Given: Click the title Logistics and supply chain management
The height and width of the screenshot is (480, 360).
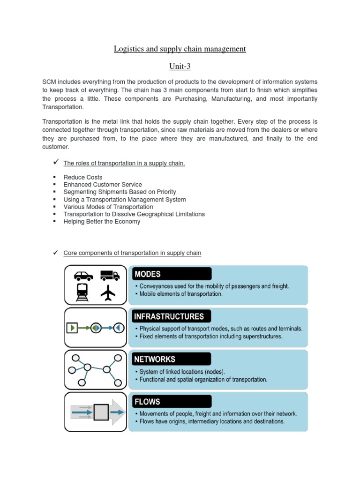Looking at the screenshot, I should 180,49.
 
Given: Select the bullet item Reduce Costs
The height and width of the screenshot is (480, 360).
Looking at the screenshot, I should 83,177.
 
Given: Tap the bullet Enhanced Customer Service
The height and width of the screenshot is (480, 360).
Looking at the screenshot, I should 103,185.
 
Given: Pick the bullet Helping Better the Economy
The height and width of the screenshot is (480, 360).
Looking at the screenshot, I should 102,221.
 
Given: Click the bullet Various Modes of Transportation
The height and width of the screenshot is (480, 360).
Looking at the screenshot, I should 108,207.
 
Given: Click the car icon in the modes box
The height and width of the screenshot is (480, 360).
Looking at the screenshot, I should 83,276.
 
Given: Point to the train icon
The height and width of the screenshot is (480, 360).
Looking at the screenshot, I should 83,293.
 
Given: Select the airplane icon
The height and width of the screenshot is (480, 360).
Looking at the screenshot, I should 108,293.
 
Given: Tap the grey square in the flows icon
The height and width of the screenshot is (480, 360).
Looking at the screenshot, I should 101,412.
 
